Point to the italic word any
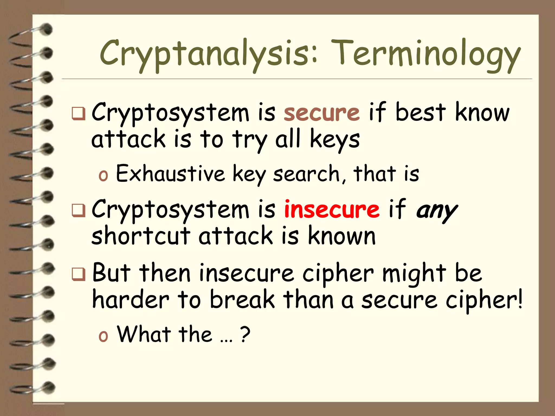[x=437, y=211]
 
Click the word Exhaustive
[x=170, y=173]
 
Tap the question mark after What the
[x=245, y=334]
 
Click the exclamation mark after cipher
[x=519, y=299]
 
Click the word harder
[x=131, y=300]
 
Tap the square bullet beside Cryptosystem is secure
[x=79, y=114]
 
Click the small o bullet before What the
[x=103, y=336]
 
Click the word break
[x=242, y=300]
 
